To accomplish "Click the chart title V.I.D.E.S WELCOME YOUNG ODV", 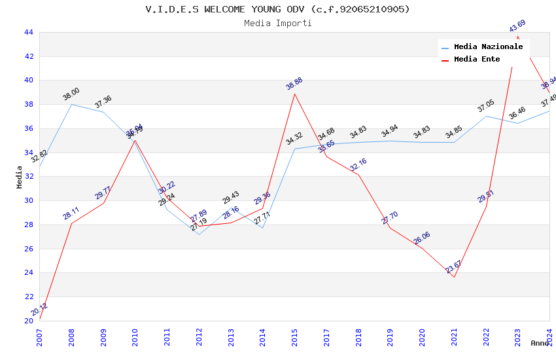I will click(x=277, y=9).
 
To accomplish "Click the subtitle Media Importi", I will click(x=277, y=24).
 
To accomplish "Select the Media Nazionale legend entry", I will click(x=488, y=47).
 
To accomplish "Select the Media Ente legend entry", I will click(x=476, y=60).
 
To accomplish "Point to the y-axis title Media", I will click(x=20, y=177).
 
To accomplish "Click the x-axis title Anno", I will click(x=540, y=343).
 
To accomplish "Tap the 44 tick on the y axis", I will click(x=28, y=32).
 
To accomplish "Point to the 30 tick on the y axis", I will click(x=28, y=201).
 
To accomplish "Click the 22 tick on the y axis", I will click(x=28, y=297).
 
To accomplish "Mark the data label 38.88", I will click(x=294, y=84).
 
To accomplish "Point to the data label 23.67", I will click(x=453, y=267).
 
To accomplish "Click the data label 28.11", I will click(x=71, y=213).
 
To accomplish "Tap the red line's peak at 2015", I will click(x=295, y=94).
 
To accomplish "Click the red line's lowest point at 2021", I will click(x=454, y=277).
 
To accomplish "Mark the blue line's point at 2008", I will click(x=71, y=104).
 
